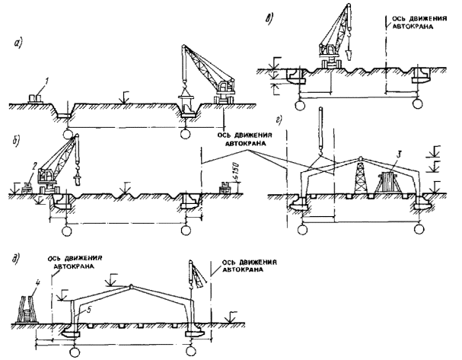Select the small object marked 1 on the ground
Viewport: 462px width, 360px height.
(x=35, y=98)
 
